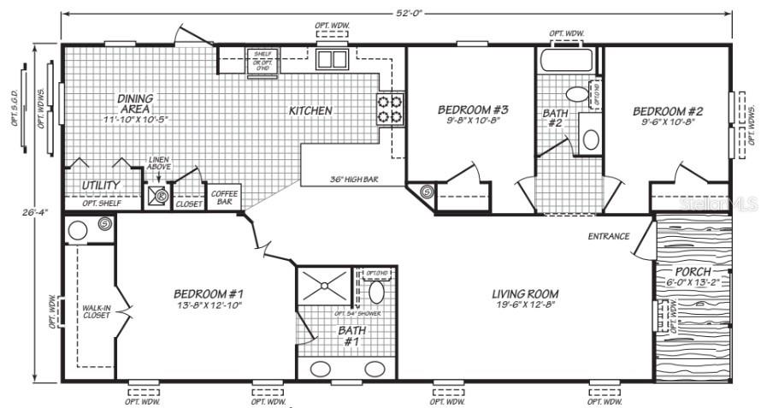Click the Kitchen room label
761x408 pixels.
[310, 111]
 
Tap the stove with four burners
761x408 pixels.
[391, 109]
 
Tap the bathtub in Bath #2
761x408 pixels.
[568, 60]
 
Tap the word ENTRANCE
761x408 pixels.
[608, 236]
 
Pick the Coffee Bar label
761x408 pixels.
[224, 198]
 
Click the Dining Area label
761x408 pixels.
[134, 103]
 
